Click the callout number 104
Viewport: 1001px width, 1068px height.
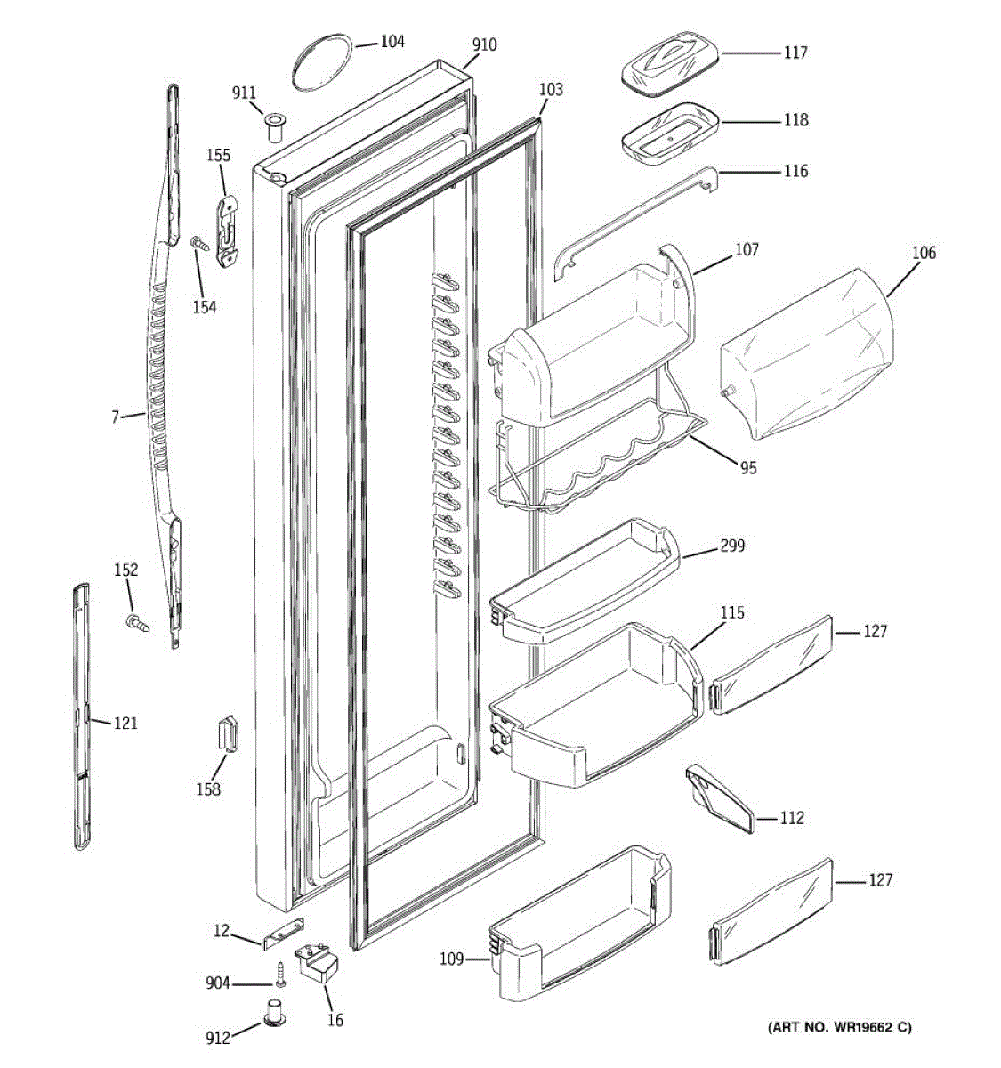(392, 41)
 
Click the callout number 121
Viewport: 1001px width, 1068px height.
(125, 723)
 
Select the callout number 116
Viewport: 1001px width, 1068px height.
(795, 170)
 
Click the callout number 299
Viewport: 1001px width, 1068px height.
(732, 546)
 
